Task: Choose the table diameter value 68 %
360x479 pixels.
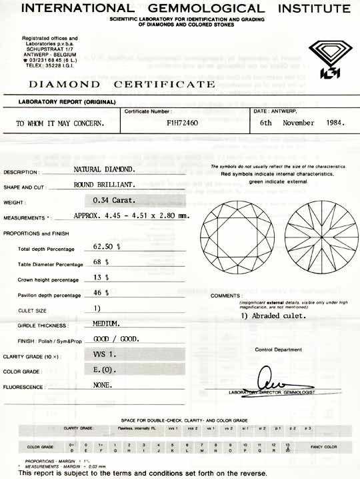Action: click(101, 262)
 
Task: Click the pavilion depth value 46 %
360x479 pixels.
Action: click(101, 294)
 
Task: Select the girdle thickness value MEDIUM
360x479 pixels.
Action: click(106, 324)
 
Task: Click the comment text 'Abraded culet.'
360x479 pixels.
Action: click(273, 316)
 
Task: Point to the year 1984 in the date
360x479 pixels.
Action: click(331, 123)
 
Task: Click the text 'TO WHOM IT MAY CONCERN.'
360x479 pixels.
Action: click(61, 123)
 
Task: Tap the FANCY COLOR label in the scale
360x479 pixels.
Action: click(325, 446)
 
